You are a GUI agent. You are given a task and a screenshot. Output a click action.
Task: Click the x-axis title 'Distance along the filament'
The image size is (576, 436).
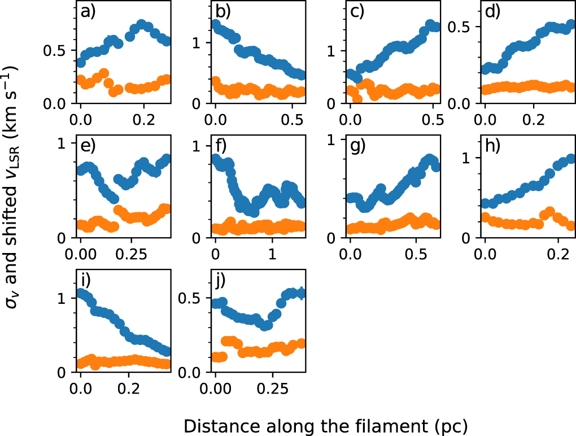pyautogui.click(x=326, y=424)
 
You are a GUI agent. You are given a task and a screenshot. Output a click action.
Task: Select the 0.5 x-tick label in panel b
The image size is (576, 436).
pyautogui.click(x=291, y=119)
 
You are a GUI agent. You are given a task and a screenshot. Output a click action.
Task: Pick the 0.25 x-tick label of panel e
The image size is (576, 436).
pyautogui.click(x=132, y=253)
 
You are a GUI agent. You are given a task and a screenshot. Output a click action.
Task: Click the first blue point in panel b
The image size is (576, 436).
pyautogui.click(x=215, y=25)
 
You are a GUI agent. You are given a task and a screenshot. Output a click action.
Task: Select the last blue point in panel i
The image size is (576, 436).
pyautogui.click(x=165, y=351)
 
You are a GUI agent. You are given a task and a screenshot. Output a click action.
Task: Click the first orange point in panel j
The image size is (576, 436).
pyautogui.click(x=215, y=356)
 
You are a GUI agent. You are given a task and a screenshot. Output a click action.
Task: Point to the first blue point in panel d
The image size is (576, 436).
pyautogui.click(x=485, y=69)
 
